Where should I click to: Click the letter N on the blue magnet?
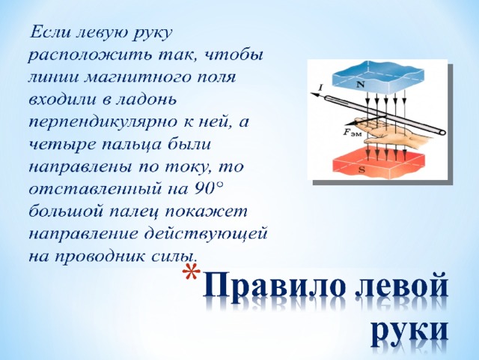(361, 85)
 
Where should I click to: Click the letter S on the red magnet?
(362, 169)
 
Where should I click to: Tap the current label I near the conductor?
(320, 88)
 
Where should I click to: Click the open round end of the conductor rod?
(442, 133)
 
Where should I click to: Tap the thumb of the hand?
(378, 139)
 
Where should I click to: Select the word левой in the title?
(401, 286)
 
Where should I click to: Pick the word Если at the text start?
(49, 31)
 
